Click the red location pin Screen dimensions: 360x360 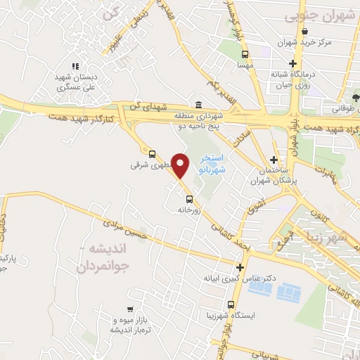(181, 165)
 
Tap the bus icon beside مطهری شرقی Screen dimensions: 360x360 (152, 153)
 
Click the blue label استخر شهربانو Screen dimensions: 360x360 (212, 162)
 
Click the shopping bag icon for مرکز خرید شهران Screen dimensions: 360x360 (304, 32)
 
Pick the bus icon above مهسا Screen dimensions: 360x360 (245, 54)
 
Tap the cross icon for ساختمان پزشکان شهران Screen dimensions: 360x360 (274, 160)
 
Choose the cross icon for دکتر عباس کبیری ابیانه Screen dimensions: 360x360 (240, 267)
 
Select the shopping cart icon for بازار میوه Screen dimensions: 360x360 (130, 309)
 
